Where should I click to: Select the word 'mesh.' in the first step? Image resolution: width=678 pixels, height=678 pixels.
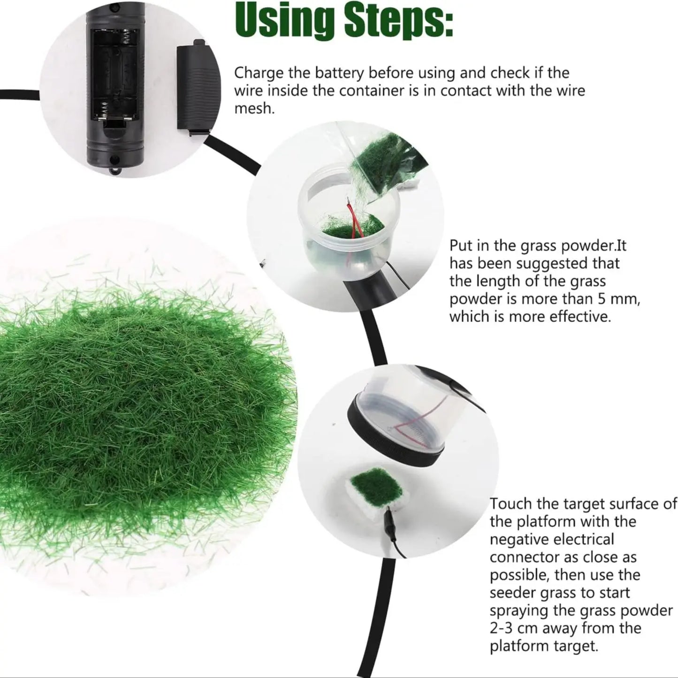pos(254,108)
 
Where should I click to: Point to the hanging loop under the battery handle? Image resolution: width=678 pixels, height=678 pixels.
pos(116,171)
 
